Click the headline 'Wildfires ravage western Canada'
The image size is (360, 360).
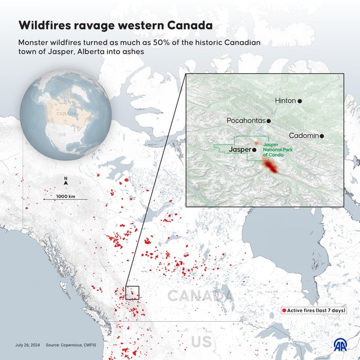[x=115, y=26]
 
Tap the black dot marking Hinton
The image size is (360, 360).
[x=300, y=101]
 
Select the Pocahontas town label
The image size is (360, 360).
[x=246, y=121]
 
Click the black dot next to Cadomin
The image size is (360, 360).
[x=322, y=136]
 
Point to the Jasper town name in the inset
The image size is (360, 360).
[x=240, y=150]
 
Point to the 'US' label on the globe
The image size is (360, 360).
[x=63, y=134]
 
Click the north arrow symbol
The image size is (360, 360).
[x=66, y=182]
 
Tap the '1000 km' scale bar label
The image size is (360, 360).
[x=66, y=196]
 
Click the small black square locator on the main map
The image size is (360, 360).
[x=132, y=293]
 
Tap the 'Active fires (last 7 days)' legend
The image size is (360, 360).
[x=314, y=311]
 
